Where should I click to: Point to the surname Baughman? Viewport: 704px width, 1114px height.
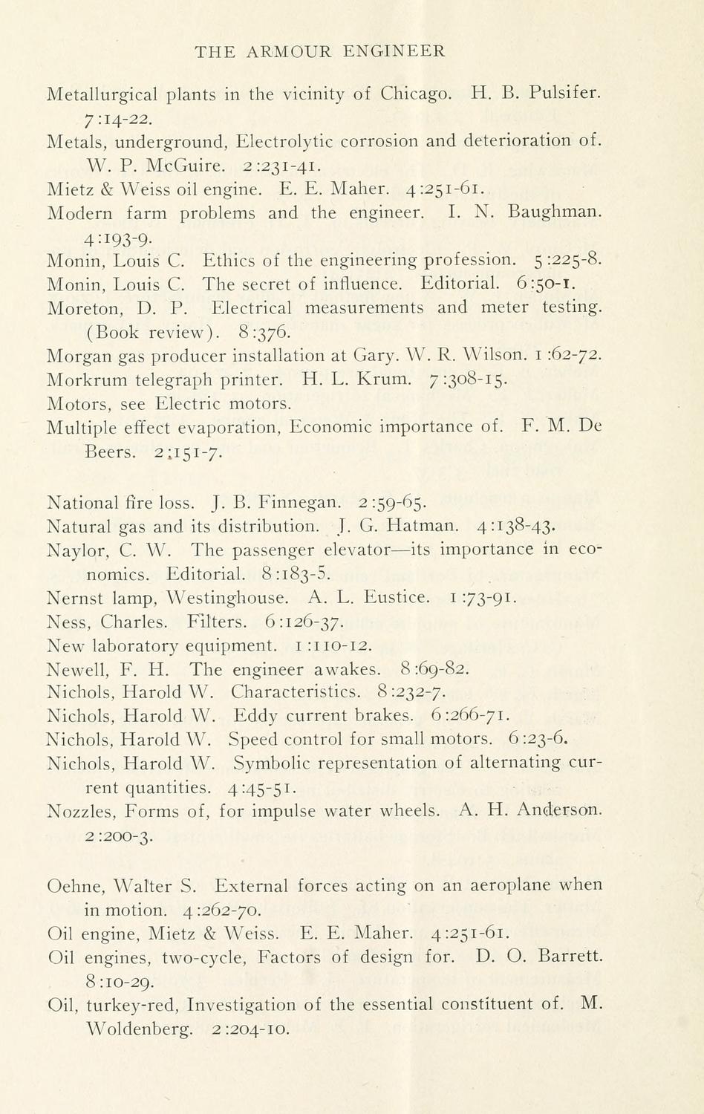coord(555,212)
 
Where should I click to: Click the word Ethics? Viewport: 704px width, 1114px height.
coord(229,260)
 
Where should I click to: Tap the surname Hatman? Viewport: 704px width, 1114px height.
coord(426,527)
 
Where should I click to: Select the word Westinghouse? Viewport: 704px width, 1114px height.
coord(227,598)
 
